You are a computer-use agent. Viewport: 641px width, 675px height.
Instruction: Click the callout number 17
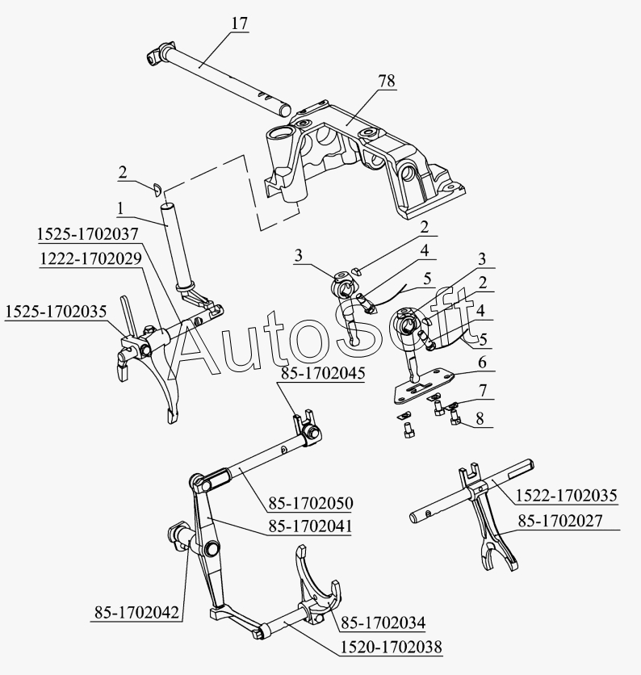pyautogui.click(x=239, y=23)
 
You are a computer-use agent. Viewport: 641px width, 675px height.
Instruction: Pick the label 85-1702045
pyautogui.click(x=323, y=374)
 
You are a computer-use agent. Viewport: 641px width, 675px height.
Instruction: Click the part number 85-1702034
pyautogui.click(x=383, y=622)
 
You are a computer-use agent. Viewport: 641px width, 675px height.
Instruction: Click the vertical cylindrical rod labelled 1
pyautogui.click(x=175, y=242)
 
